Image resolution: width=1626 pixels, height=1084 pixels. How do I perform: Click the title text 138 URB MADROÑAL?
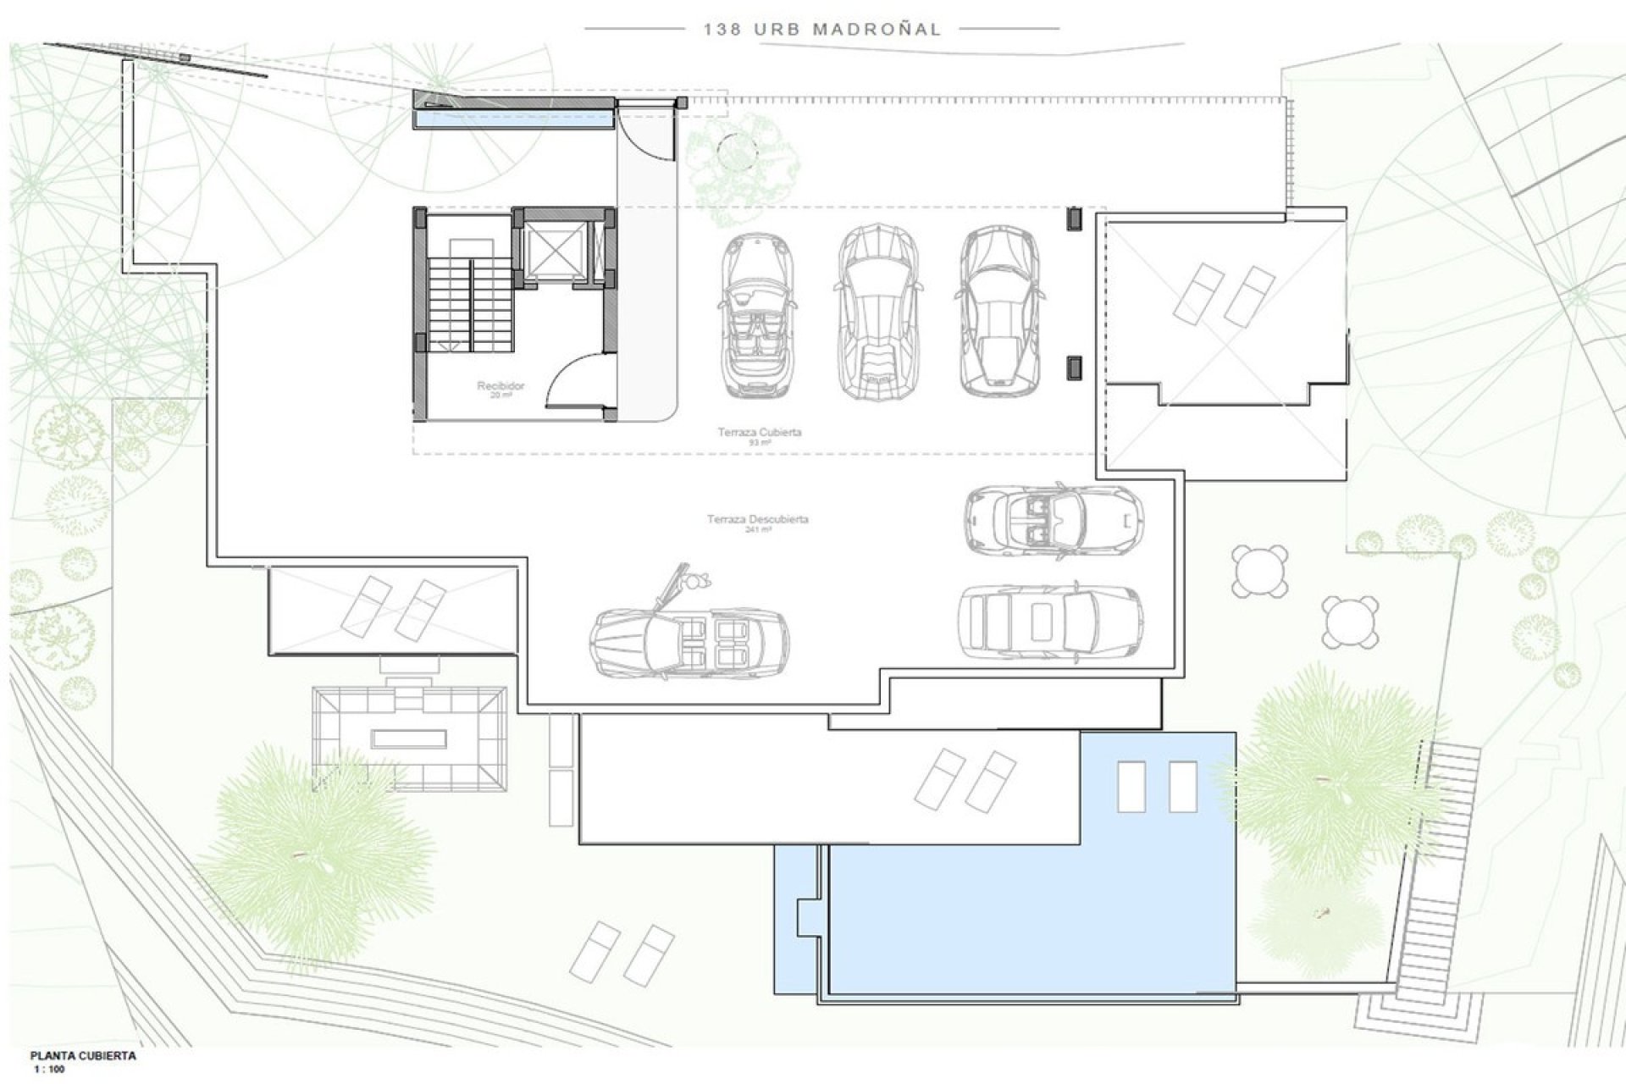pos(821,29)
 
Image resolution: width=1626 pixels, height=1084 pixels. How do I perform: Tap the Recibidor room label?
pos(501,386)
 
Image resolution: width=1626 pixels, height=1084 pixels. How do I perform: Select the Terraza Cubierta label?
pos(759,433)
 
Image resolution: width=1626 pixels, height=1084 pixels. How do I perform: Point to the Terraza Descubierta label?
pos(757,520)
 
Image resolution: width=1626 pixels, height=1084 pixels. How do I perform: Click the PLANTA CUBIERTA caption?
pos(83,1056)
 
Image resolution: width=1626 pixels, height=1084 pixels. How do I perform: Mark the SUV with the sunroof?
pos(1050,620)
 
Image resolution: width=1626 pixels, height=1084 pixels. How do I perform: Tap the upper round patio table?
pos(1260,571)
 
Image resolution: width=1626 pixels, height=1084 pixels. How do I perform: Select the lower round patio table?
pos(1350,622)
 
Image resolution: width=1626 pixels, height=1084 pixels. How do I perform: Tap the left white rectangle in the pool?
pos(1131,787)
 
